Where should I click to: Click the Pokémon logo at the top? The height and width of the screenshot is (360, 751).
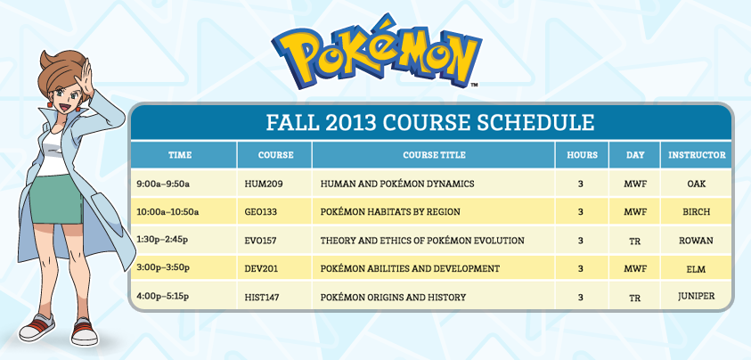[377, 52]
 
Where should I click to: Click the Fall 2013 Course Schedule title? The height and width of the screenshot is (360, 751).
[430, 123]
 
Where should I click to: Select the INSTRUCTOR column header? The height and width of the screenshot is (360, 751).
[697, 155]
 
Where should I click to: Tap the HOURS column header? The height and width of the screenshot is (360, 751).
[582, 155]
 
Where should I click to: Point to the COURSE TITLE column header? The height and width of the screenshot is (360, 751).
[434, 155]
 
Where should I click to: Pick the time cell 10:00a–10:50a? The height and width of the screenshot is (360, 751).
[167, 211]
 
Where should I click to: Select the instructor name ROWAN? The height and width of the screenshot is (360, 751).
[696, 241]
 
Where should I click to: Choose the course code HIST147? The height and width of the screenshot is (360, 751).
[262, 298]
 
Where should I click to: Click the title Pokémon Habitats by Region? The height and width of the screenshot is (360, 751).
[390, 211]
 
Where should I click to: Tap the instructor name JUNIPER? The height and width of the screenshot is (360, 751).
[697, 296]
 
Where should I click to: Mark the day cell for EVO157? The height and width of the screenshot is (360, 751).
[634, 241]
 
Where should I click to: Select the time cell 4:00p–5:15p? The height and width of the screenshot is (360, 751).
[162, 296]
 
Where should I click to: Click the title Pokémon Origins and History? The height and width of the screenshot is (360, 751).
[393, 298]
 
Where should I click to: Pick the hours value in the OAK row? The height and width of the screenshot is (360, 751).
[581, 184]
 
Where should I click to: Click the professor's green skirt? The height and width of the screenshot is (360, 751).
[55, 200]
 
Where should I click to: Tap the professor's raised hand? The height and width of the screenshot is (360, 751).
[86, 79]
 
